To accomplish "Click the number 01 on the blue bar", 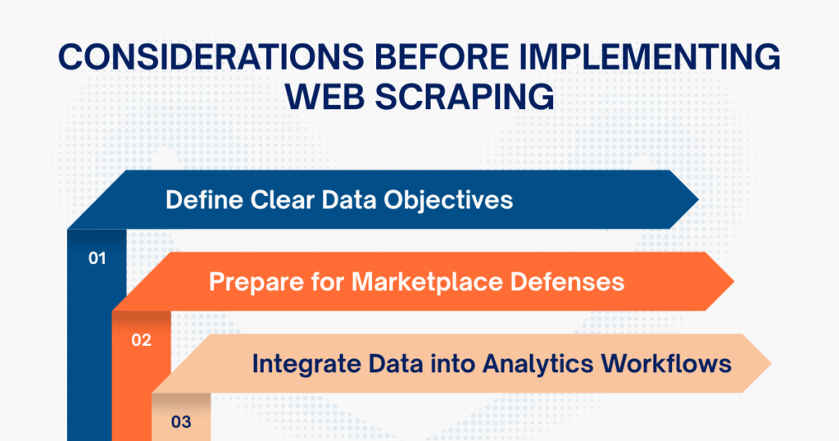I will [98, 258].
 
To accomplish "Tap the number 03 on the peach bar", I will [181, 422].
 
